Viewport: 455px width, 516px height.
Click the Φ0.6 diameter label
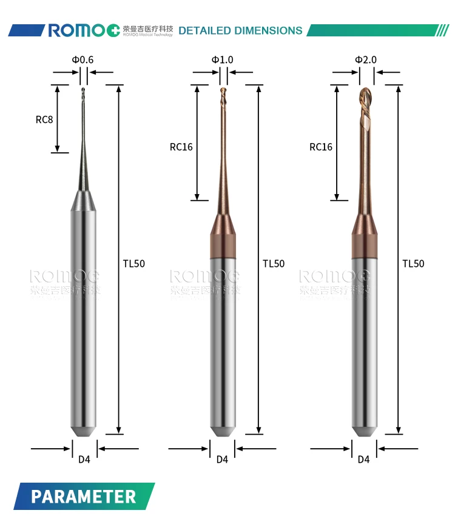tap(83, 59)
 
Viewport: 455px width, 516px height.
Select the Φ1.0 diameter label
tap(222, 59)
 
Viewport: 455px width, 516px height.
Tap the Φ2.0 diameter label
tap(366, 59)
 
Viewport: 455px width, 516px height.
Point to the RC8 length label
tap(44, 119)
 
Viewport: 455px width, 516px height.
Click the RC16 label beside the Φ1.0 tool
tap(181, 147)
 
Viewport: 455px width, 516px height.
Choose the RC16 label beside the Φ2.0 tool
tap(321, 147)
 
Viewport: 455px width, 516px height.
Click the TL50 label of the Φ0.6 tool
tap(134, 263)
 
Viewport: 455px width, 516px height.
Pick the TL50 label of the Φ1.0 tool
tap(274, 263)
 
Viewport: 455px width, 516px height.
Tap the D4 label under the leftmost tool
tap(84, 460)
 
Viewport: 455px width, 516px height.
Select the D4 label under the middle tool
tap(223, 460)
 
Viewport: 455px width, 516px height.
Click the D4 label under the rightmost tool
tap(363, 460)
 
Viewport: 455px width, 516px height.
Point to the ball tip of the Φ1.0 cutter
tap(223, 92)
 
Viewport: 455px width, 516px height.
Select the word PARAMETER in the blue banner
tap(84, 497)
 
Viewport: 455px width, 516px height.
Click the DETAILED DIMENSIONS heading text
tap(240, 30)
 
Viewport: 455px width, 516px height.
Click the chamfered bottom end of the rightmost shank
tap(364, 429)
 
